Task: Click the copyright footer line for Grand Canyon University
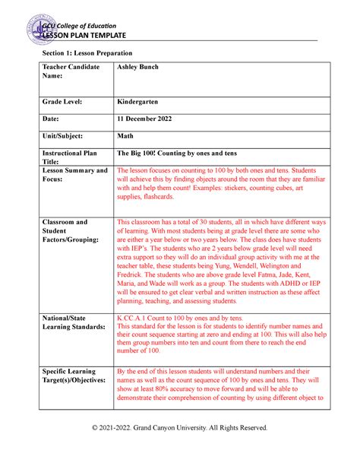coord(180,428)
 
